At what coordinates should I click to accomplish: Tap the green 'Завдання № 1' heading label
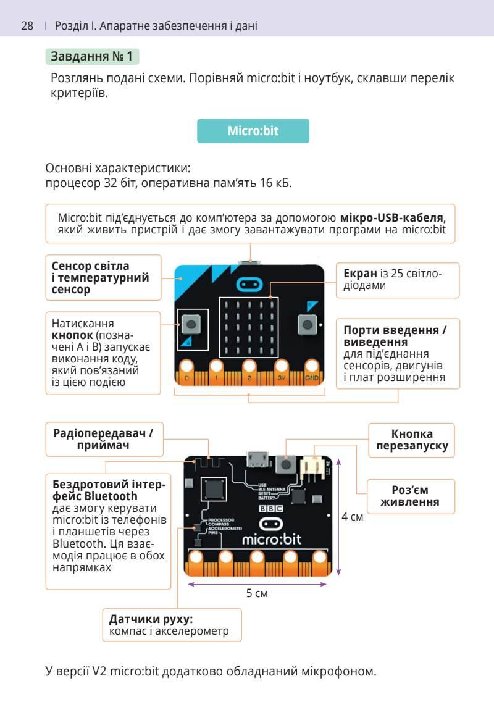click(93, 57)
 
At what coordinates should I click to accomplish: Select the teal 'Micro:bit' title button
click(253, 131)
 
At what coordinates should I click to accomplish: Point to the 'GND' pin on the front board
click(312, 374)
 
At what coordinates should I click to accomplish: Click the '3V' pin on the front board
click(281, 374)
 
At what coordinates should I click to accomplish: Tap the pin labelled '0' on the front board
click(186, 374)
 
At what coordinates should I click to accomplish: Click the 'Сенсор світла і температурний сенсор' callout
click(103, 278)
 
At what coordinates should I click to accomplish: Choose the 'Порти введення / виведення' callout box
click(398, 353)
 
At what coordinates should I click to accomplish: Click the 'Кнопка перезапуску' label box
click(411, 440)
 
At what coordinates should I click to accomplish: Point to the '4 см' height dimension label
click(353, 516)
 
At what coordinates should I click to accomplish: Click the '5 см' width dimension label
click(257, 593)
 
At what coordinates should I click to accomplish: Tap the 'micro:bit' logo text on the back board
click(272, 539)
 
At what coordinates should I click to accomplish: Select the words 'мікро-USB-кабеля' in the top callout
click(392, 219)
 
